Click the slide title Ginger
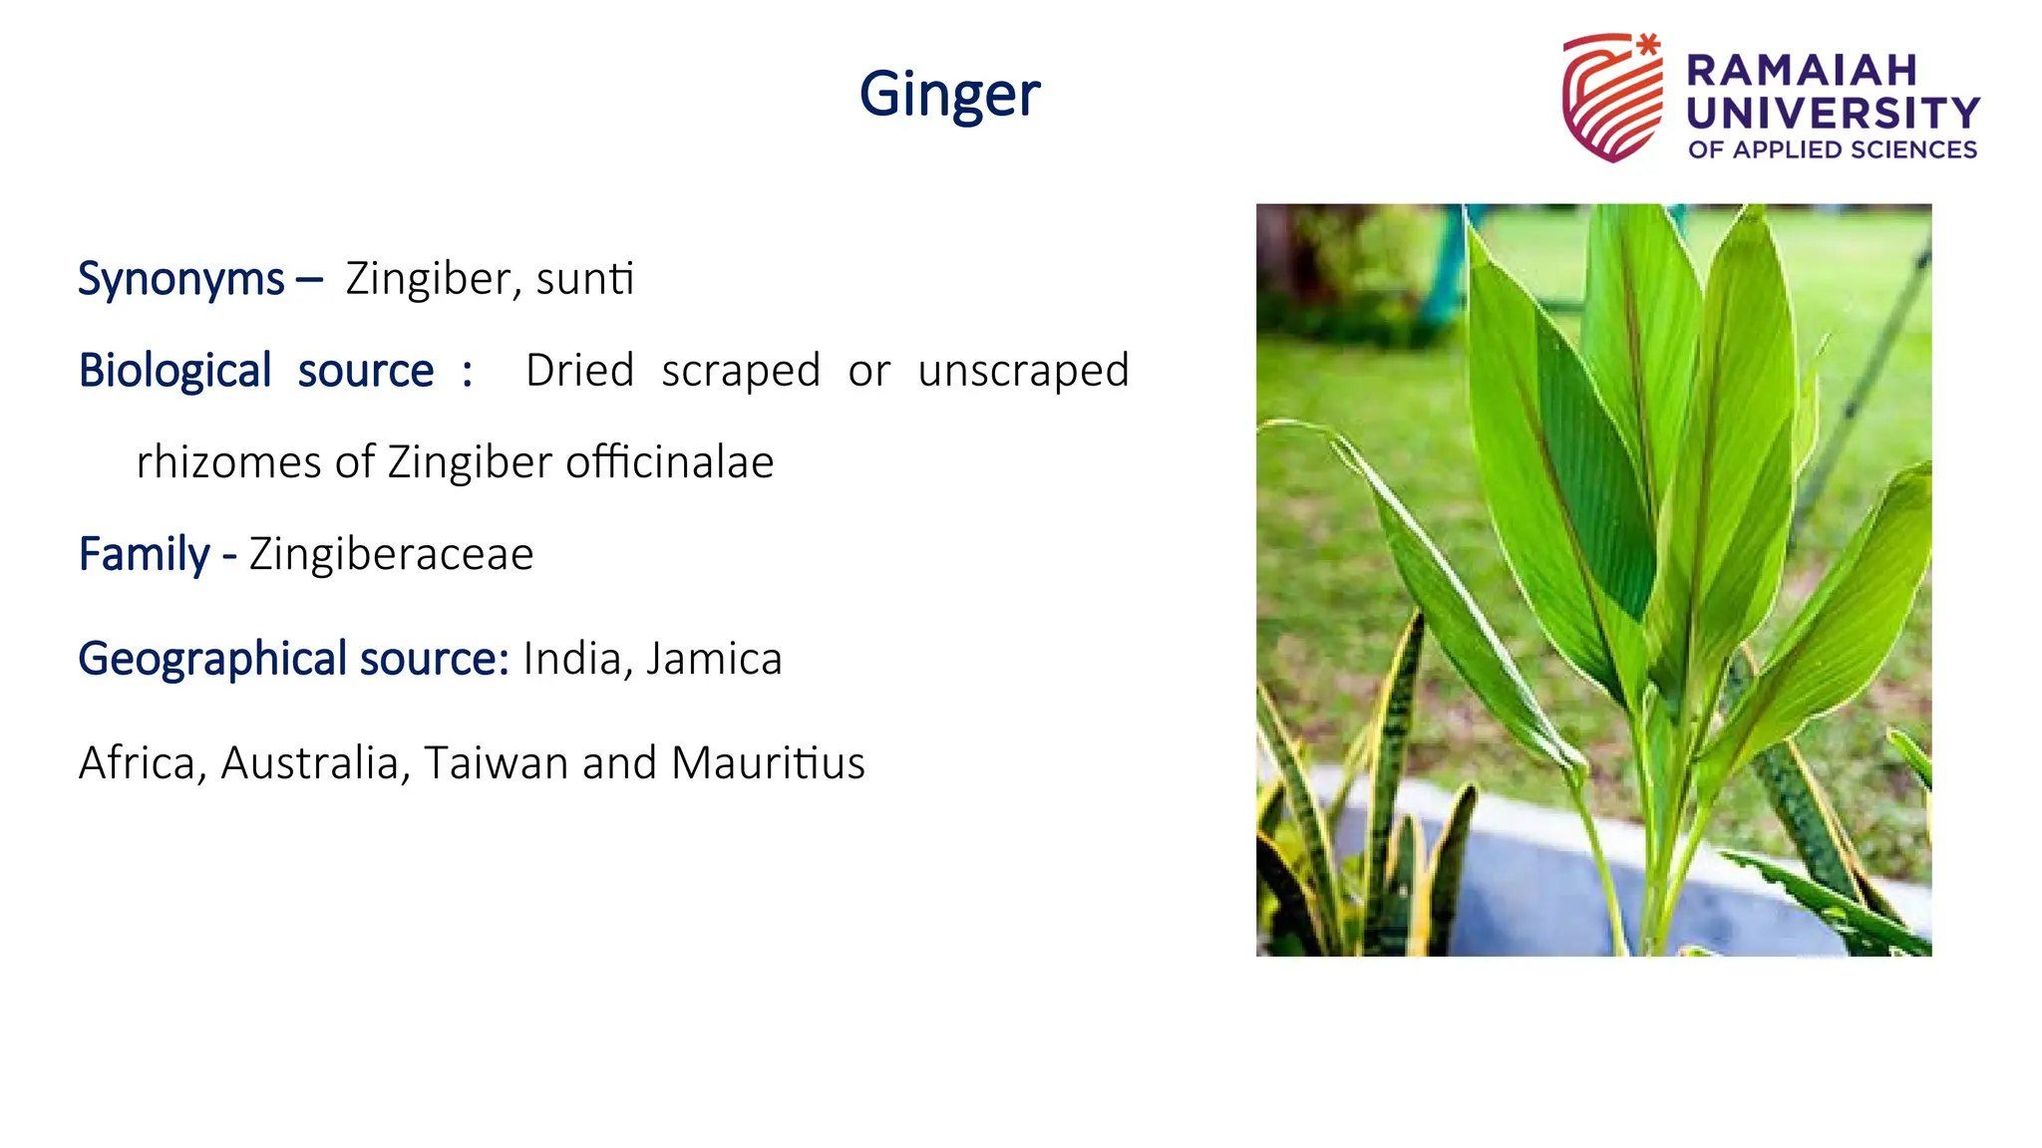(949, 96)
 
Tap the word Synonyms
(181, 279)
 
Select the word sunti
(584, 279)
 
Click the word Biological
(174, 371)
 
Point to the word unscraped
(1023, 371)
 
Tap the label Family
(145, 554)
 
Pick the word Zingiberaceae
(391, 554)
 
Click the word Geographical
(213, 659)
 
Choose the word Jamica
(714, 659)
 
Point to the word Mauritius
(768, 763)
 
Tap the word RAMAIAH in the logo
(1802, 71)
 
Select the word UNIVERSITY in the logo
(1833, 113)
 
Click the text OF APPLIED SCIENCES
(1833, 149)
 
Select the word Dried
(579, 371)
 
